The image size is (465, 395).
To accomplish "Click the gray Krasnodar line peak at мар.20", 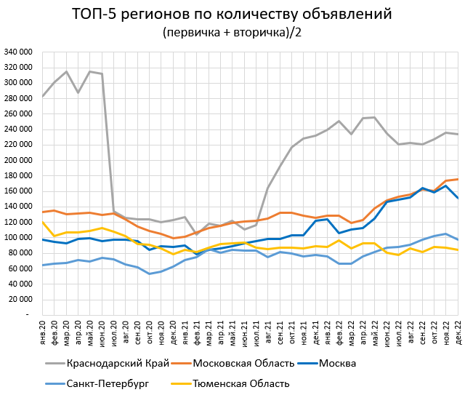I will pos(67,71).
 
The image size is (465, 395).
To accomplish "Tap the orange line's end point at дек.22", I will pos(457,179).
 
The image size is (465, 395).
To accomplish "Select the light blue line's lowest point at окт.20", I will pos(150,274).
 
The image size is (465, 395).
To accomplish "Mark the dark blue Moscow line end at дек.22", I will pos(457,198).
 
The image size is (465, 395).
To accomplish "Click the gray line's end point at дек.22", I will pos(457,134).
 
